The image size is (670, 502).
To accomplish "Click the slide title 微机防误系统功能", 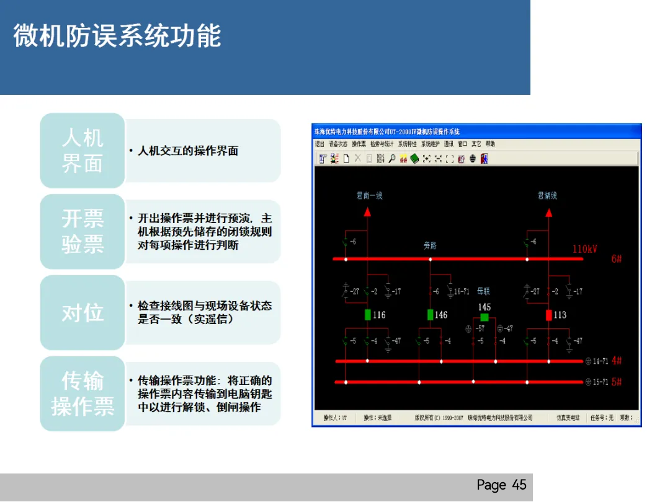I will click(117, 36).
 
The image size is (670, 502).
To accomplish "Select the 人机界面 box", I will click(83, 151).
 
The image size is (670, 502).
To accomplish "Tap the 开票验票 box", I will click(83, 232).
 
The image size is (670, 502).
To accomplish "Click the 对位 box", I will click(83, 313).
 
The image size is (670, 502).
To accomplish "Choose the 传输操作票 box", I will click(83, 394).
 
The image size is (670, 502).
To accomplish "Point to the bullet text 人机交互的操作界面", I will click(188, 151).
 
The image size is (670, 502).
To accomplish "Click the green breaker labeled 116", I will click(368, 315).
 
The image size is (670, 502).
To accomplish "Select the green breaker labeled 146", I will click(431, 315).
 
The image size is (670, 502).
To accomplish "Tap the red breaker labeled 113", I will click(548, 315).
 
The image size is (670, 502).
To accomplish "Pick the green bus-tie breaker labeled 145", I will click(485, 317).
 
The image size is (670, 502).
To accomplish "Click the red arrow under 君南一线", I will click(367, 212).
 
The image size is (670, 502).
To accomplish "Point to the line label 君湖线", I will click(547, 196).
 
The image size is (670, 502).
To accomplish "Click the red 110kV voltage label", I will click(584, 249).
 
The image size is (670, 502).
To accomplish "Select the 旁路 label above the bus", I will click(430, 246).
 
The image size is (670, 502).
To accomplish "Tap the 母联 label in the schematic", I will click(483, 291).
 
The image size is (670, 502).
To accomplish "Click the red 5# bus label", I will click(617, 382).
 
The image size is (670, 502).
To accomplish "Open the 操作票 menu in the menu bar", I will click(359, 144).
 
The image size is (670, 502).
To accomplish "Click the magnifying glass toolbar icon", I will click(391, 159).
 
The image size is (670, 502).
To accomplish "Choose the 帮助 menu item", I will click(490, 144).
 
